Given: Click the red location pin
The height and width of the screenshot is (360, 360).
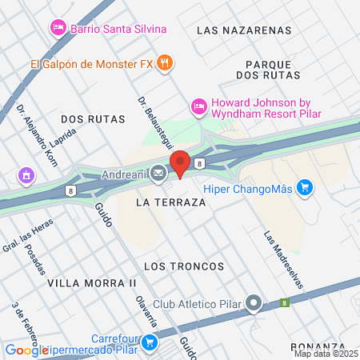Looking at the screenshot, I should [180, 163].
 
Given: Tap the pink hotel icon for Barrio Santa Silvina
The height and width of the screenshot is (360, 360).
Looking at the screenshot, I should [58, 29].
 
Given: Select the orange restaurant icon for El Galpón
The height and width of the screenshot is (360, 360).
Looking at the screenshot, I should [164, 62].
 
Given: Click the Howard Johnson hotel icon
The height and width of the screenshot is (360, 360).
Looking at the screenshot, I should [198, 106].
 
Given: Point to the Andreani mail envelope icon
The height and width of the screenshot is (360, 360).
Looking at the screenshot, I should [158, 172].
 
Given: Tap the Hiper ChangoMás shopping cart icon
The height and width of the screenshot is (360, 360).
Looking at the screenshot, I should [304, 188].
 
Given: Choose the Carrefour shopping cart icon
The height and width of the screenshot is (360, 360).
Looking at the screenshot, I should [148, 342].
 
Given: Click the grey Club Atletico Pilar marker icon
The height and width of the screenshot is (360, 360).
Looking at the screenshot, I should [254, 303].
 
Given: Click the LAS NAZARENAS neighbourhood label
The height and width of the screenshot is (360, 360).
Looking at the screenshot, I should [243, 30].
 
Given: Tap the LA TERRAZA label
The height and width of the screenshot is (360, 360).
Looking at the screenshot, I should [170, 203].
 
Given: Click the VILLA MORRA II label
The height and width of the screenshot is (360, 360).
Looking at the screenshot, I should [92, 283].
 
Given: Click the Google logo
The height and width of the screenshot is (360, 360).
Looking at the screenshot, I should [26, 350].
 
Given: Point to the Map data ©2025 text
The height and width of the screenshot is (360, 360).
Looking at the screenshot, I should [326, 354].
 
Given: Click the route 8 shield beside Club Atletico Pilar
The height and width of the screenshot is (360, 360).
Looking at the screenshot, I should [283, 303].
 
